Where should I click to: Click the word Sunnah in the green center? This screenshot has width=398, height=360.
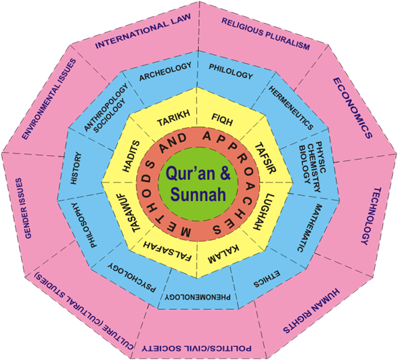click(198, 195)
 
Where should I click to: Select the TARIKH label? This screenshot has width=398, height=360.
click(173, 118)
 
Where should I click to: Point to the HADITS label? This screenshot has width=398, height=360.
click(131, 156)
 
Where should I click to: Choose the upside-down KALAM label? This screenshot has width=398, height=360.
click(223, 254)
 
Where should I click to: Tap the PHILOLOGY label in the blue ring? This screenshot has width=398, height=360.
click(231, 71)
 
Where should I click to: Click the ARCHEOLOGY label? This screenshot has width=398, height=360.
click(165, 72)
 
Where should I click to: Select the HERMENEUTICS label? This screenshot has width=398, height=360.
click(291, 108)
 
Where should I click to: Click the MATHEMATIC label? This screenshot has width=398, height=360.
click(307, 228)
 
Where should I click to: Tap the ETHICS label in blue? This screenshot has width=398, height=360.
click(267, 279)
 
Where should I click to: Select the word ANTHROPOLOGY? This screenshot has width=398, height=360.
click(106, 108)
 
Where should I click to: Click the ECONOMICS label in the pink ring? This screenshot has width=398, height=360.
click(353, 108)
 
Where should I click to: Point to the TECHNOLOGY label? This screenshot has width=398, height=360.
click(371, 216)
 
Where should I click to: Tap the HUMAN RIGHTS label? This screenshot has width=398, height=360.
click(311, 311)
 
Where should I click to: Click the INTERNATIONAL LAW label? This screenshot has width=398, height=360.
click(143, 31)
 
